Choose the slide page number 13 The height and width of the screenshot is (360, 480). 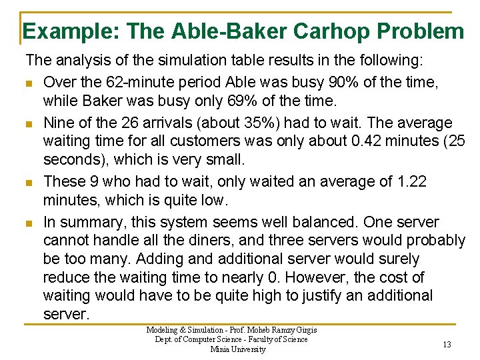pyautogui.click(x=447, y=344)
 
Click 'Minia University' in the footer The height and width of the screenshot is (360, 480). pyautogui.click(x=238, y=349)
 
